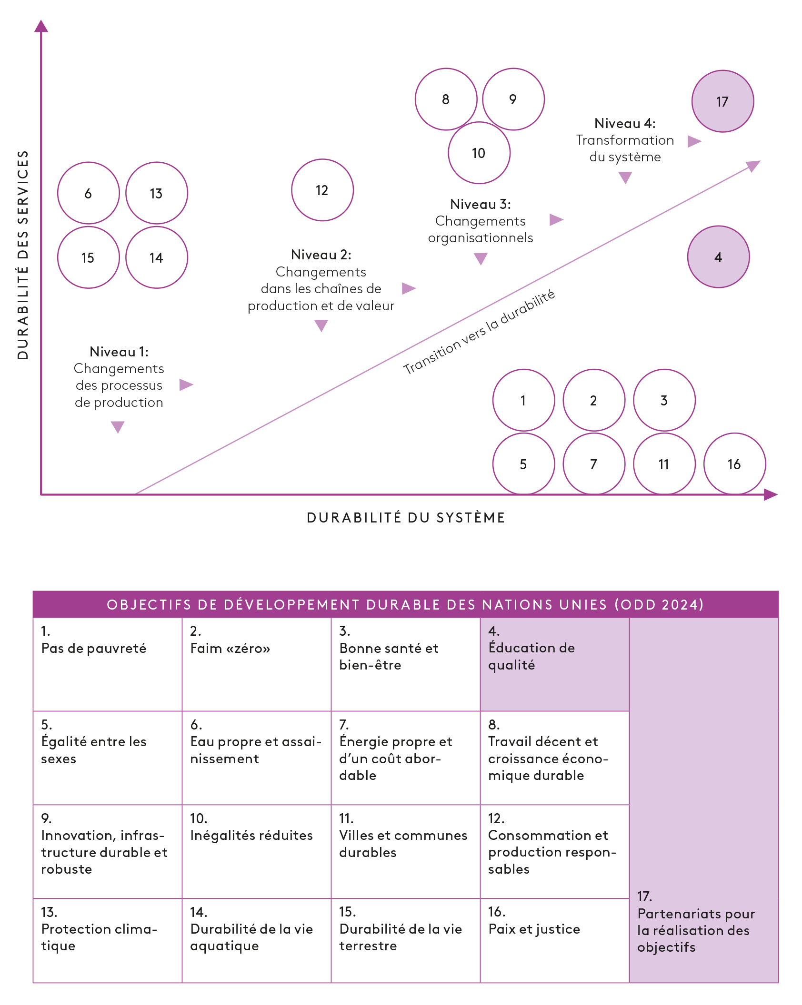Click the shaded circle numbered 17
tap(722, 101)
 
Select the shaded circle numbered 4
tap(718, 257)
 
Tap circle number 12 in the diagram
tap(322, 190)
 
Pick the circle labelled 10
tap(479, 153)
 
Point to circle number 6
tap(88, 193)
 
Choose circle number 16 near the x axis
tap(734, 464)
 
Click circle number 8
tap(446, 99)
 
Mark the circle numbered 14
tap(156, 257)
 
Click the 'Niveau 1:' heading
tap(119, 352)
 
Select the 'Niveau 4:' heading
tap(625, 123)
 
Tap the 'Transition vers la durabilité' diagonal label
tap(479, 332)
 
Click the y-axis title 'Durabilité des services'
tap(23, 255)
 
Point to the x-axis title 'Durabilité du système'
tap(406, 518)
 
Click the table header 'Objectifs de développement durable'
tap(405, 604)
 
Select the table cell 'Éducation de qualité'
tap(554, 664)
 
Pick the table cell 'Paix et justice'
tap(554, 940)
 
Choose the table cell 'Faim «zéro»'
tap(256, 664)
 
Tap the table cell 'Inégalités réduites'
tap(256, 851)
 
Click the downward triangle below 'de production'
tap(118, 426)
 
